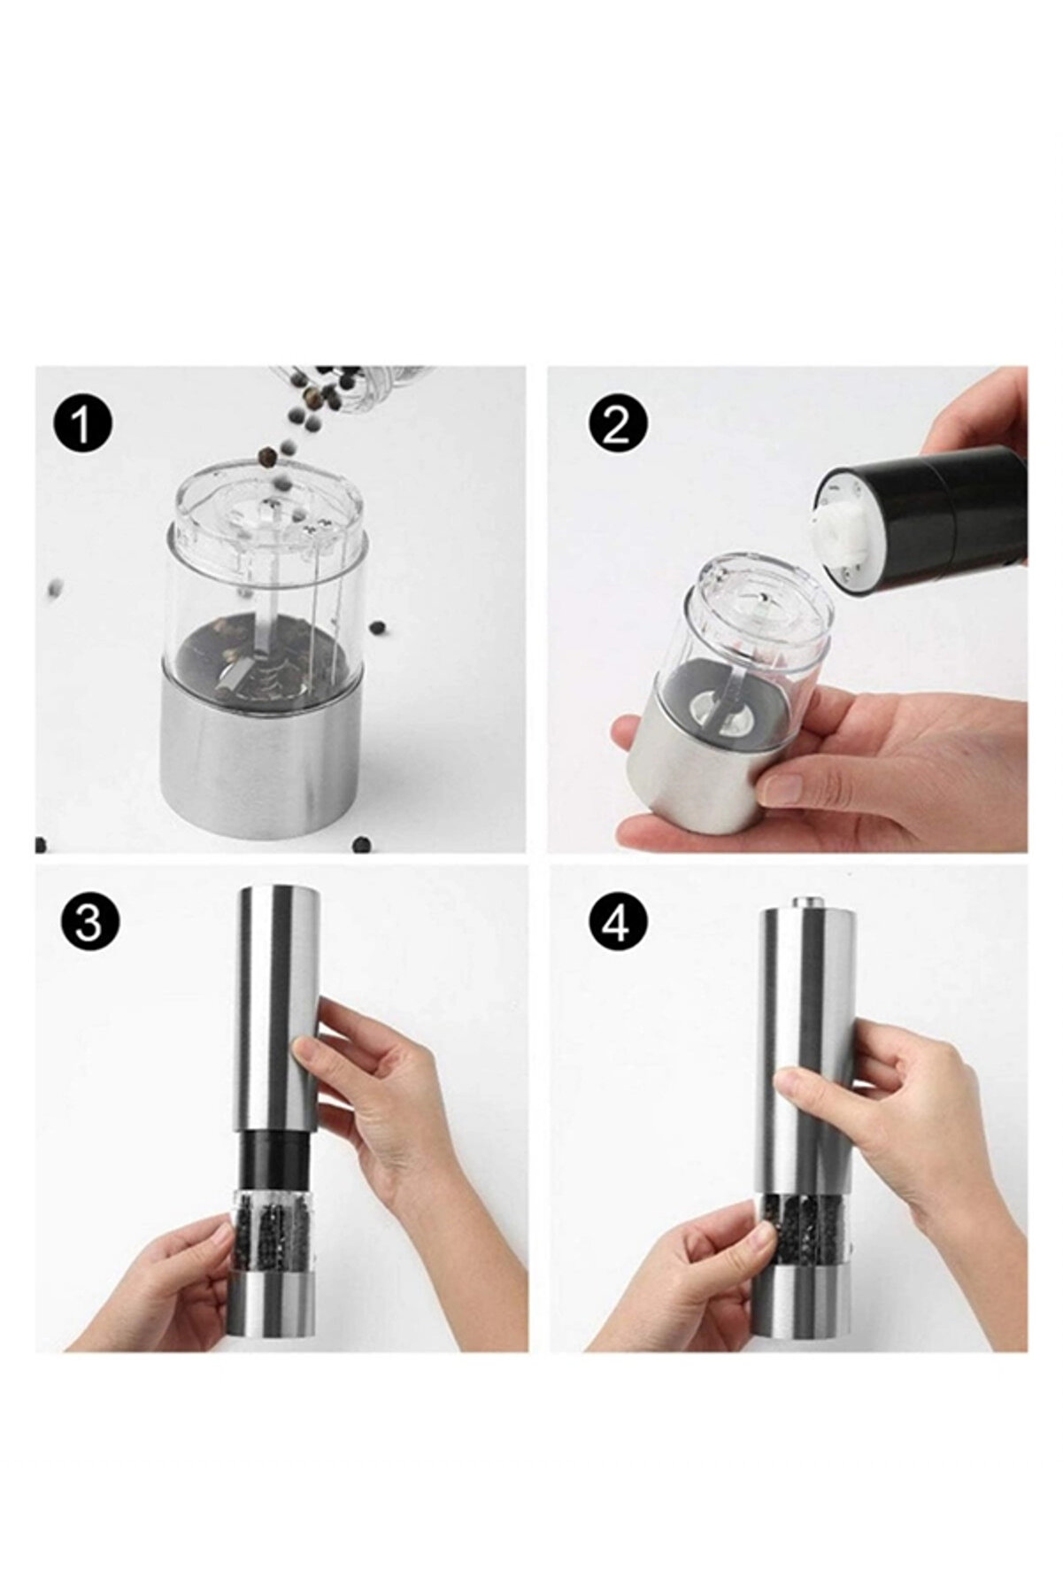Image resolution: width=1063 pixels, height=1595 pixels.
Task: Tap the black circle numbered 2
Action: click(x=618, y=426)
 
